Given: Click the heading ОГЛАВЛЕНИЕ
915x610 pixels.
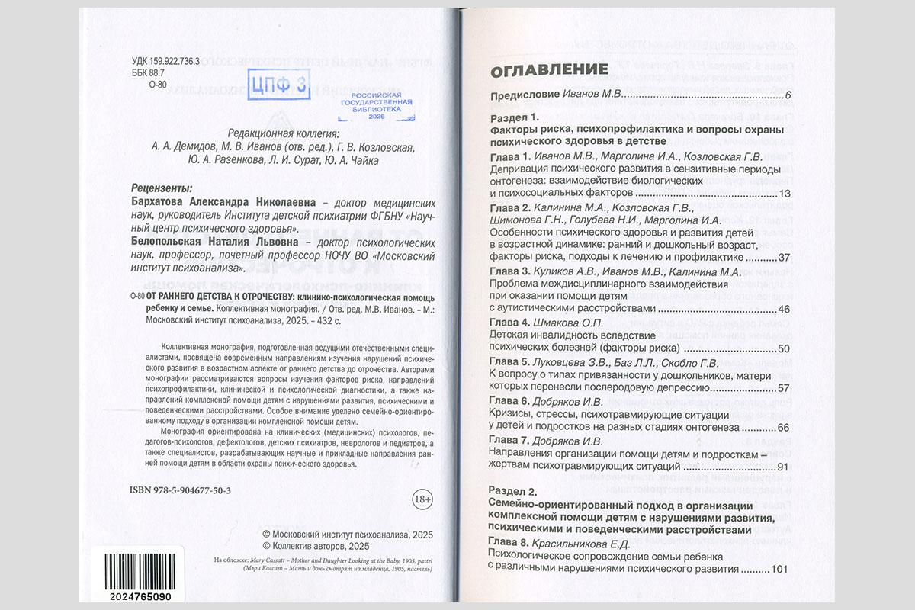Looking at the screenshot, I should (x=548, y=70).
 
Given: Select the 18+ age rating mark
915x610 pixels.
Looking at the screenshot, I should (x=422, y=499).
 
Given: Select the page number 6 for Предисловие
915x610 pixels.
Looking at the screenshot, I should (x=788, y=95).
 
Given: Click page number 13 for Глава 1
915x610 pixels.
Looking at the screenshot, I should (x=785, y=194).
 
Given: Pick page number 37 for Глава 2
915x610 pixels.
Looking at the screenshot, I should (x=785, y=256).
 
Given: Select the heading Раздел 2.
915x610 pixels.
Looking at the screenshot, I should (x=513, y=491).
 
